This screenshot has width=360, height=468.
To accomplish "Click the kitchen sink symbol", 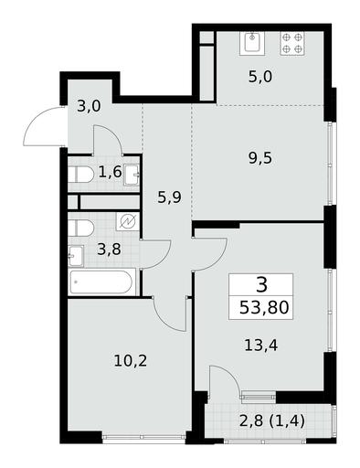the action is [x=252, y=43].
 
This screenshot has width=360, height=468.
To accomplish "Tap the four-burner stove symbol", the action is [x=292, y=43].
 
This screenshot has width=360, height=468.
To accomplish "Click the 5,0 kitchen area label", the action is [x=260, y=77].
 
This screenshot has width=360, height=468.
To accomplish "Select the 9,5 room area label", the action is [x=260, y=158].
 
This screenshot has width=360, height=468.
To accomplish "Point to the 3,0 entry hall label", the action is [x=89, y=107].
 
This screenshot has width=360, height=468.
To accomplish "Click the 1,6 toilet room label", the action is [x=110, y=172].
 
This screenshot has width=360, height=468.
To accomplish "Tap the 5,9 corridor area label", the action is [x=169, y=197].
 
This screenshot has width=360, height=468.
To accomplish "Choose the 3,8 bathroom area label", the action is [x=109, y=250].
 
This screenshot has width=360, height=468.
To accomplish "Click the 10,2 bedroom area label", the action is [x=131, y=361].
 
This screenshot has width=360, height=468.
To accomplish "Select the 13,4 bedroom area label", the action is [x=261, y=346].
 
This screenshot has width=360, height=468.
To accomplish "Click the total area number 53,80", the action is [x=264, y=307].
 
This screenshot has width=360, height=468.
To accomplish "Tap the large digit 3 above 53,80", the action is [x=261, y=284].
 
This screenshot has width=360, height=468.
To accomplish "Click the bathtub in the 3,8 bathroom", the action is [x=101, y=282].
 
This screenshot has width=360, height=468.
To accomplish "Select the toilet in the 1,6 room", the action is [x=80, y=175].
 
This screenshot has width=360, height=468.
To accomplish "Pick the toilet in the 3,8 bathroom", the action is [x=80, y=229].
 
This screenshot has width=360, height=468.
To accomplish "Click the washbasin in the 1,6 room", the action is [x=132, y=175].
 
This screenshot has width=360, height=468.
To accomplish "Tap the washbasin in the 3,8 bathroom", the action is [x=76, y=256].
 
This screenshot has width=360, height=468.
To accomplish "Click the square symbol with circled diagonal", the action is [x=128, y=221].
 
